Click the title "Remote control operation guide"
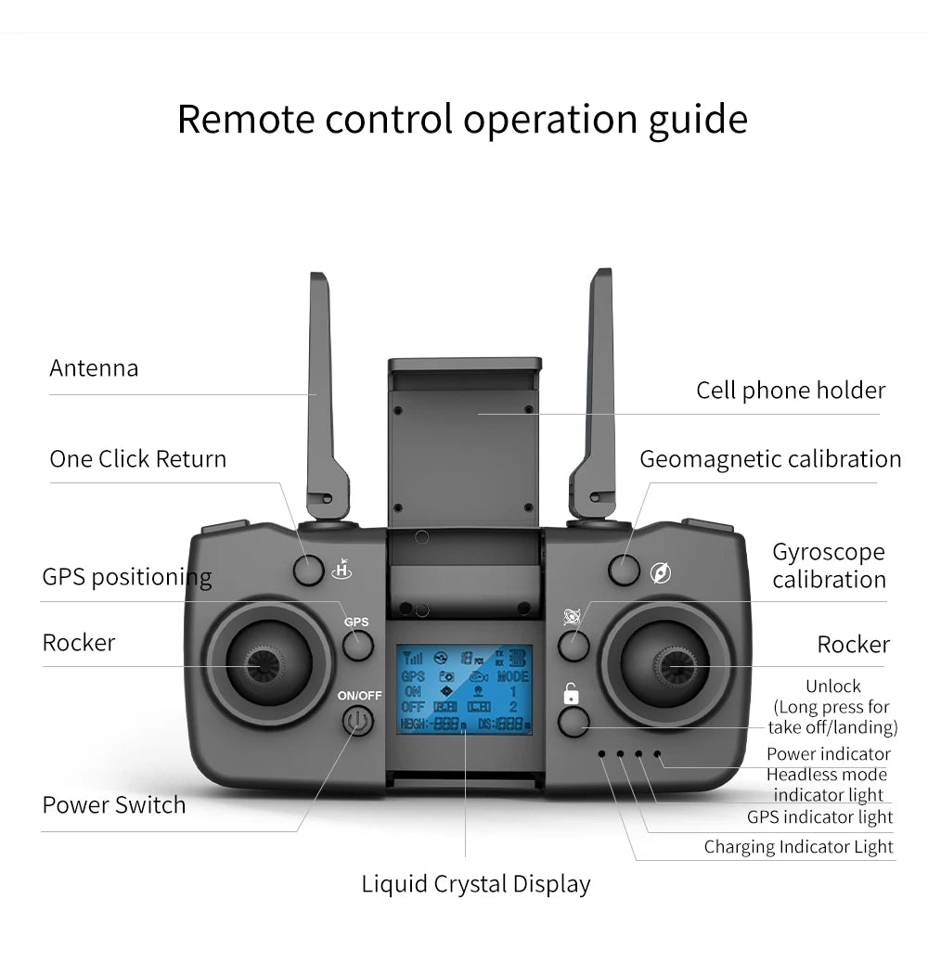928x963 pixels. click(462, 120)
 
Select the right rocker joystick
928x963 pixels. click(665, 664)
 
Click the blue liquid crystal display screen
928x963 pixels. click(465, 689)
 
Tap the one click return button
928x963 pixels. click(309, 571)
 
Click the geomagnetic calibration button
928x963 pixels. click(624, 570)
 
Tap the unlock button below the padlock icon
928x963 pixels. click(574, 722)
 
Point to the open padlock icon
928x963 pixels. click(572, 693)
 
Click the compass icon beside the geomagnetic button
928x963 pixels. click(661, 572)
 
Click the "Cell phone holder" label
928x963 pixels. click(791, 391)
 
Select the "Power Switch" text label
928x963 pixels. click(114, 804)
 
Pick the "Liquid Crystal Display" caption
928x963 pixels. click(475, 884)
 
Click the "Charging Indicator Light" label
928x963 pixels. click(798, 846)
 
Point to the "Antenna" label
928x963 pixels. click(94, 368)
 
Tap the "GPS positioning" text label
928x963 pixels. click(127, 577)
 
